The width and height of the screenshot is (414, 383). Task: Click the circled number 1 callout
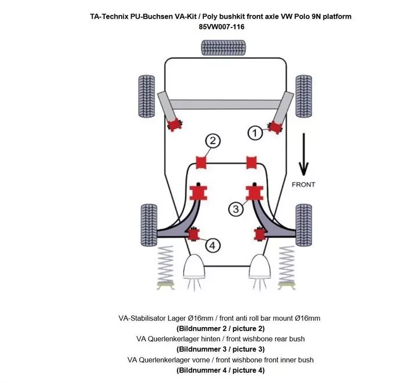(x=255, y=134)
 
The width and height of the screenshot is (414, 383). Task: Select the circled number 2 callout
(x=213, y=141)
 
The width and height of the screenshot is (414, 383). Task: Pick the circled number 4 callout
(x=213, y=245)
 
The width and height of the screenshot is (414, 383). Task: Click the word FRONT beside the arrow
(x=303, y=184)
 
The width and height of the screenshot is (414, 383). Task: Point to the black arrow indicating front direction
(x=303, y=154)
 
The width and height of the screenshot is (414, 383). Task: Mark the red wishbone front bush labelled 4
(x=194, y=234)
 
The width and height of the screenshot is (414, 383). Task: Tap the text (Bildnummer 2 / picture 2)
(x=221, y=329)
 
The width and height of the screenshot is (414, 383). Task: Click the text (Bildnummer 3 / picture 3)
(x=221, y=349)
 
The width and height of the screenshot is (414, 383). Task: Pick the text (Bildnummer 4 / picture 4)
(x=221, y=370)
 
